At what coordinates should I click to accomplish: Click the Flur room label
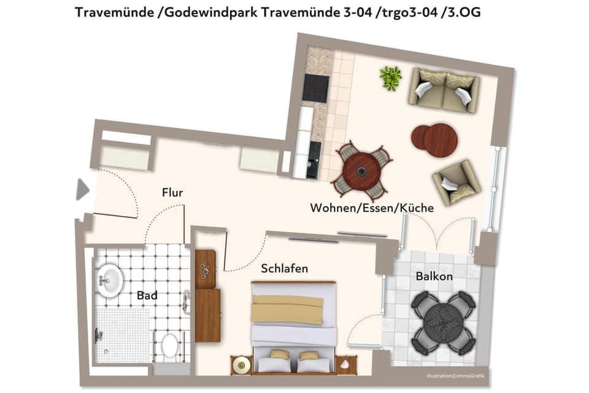tap(172, 193)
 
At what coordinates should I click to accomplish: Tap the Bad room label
tap(147, 295)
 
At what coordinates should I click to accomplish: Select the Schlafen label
tap(284, 269)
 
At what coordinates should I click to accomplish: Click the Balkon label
tap(434, 276)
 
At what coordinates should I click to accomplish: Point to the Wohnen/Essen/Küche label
tap(372, 208)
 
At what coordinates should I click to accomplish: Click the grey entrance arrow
tap(82, 189)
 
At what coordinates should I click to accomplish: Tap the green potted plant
tap(390, 78)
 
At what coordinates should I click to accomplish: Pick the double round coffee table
tap(434, 139)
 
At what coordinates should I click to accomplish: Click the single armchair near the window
tap(456, 182)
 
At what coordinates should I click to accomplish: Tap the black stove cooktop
tap(316, 88)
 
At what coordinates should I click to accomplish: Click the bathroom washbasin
tap(110, 280)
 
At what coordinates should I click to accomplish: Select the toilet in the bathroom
tap(169, 347)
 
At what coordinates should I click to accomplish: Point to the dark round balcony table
tap(444, 322)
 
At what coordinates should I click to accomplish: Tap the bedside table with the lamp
tap(241, 365)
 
